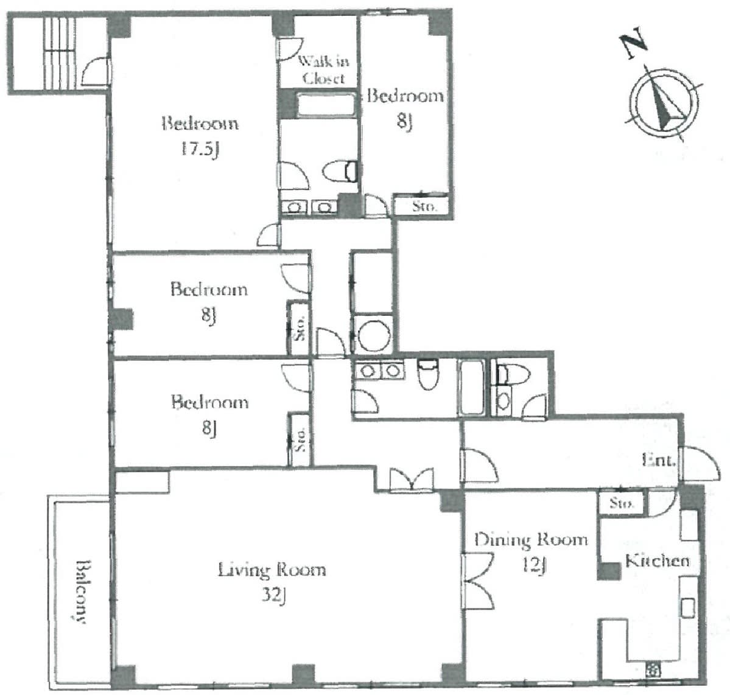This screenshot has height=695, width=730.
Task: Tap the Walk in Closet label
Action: pos(323,69)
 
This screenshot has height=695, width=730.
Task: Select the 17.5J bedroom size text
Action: pos(200,150)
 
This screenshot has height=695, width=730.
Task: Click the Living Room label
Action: pos(272,569)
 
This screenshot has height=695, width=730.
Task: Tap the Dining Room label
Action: pos(531,540)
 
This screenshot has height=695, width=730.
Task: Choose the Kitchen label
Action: pos(657,561)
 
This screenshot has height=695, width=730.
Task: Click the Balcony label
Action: pos(81,591)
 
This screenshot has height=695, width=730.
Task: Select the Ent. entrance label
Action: pos(658,460)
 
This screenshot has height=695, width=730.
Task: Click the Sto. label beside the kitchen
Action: pos(621,503)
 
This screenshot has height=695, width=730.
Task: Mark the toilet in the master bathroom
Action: pos(340,171)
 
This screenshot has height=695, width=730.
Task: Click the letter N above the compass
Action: pos(634,43)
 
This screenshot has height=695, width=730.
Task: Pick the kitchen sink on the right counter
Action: pos(688,608)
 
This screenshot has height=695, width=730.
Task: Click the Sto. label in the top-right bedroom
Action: pos(424,206)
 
